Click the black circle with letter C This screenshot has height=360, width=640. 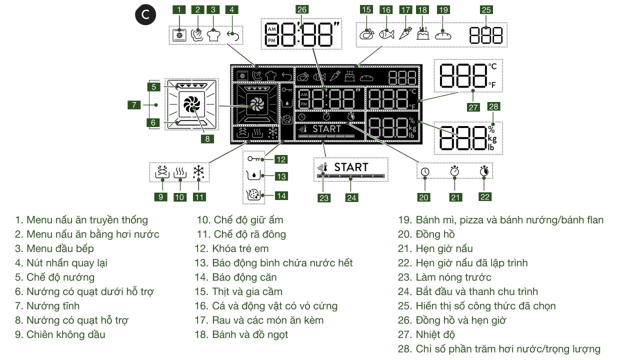145,15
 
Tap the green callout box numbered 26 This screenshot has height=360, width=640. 301,9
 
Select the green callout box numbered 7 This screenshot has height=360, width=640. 133,105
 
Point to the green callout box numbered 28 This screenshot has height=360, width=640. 494,106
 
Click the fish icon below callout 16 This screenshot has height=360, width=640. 386,34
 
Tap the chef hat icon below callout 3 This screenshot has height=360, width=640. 214,35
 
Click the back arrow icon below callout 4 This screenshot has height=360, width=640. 232,35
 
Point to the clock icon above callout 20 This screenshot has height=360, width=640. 424,172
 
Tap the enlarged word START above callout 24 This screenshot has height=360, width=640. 351,167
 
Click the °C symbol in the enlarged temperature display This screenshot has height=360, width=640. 492,65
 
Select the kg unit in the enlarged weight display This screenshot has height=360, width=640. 493,138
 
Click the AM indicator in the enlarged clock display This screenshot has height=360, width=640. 271,28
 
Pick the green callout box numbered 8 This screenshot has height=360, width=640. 207,139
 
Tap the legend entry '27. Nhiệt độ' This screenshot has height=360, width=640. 426,334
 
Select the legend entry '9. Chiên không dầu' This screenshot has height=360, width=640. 60,334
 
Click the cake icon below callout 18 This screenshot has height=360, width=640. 423,34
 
